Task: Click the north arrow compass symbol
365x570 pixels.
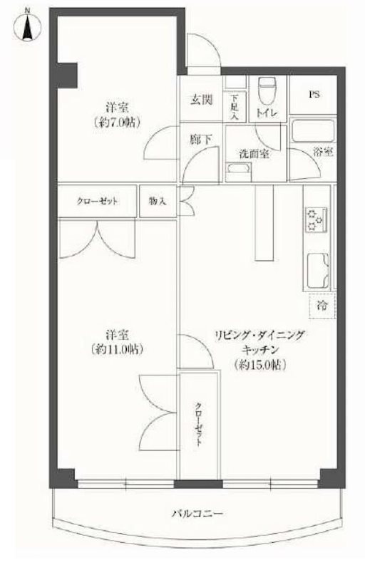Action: (x=27, y=27)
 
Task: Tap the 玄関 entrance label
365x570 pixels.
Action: (x=201, y=100)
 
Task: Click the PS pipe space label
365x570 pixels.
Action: (x=314, y=93)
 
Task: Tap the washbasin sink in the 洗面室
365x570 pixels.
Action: (x=237, y=170)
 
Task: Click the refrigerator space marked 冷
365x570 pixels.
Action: (x=322, y=307)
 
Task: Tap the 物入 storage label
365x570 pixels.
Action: (x=158, y=202)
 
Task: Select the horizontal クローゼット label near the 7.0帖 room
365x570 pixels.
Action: (x=97, y=202)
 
